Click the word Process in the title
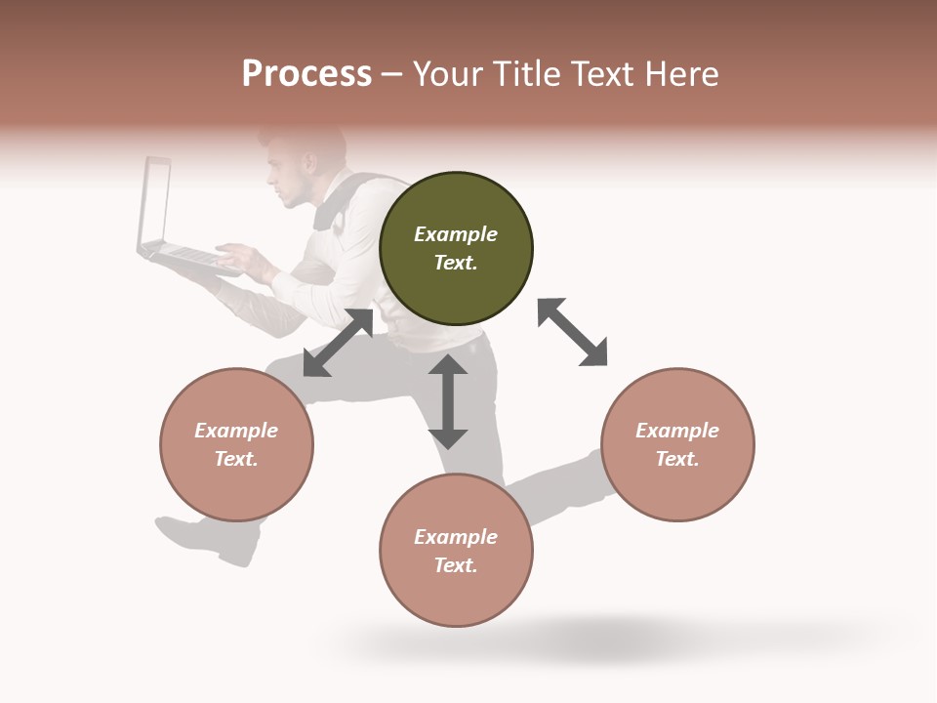coord(306,74)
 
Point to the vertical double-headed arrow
coord(448,401)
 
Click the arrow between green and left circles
coord(338,343)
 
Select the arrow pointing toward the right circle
coord(572,332)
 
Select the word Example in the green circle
coord(456,234)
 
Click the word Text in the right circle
coord(675,459)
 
